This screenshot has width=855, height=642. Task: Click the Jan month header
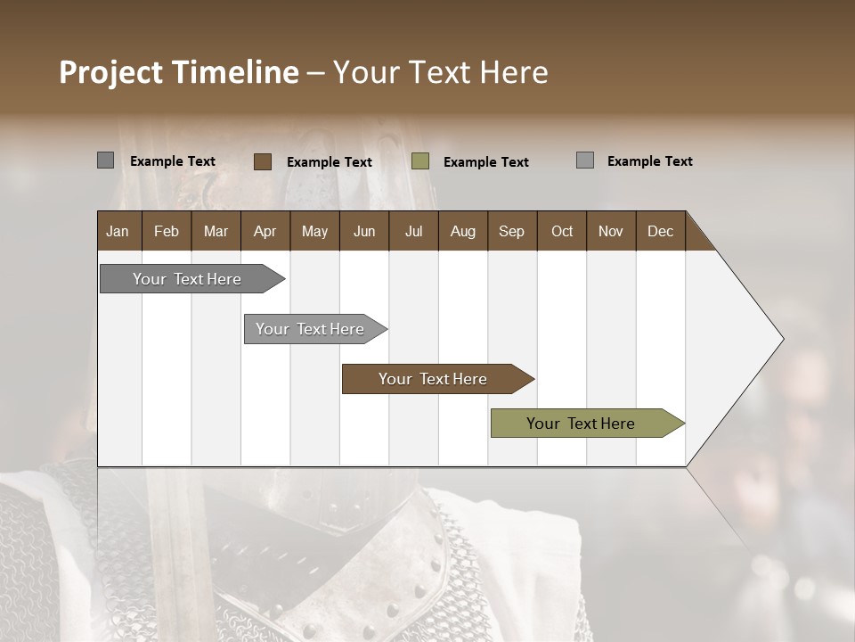pyautogui.click(x=118, y=231)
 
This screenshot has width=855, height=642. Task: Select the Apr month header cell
pyautogui.click(x=265, y=231)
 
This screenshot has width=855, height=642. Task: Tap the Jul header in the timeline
pyautogui.click(x=413, y=231)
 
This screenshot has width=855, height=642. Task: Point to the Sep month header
pyautogui.click(x=511, y=231)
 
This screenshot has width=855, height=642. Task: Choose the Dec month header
pyautogui.click(x=660, y=231)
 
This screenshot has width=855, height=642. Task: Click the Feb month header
pyautogui.click(x=167, y=231)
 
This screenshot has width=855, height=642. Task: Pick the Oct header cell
pyautogui.click(x=561, y=231)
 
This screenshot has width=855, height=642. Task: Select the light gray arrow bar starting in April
pyautogui.click(x=312, y=329)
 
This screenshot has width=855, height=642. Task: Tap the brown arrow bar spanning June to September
pyautogui.click(x=434, y=379)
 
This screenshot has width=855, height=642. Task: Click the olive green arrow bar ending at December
pyautogui.click(x=582, y=424)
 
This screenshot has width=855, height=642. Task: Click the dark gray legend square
pyautogui.click(x=105, y=160)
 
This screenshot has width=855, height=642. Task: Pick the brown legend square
pyautogui.click(x=262, y=161)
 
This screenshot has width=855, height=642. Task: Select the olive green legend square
pyautogui.click(x=420, y=161)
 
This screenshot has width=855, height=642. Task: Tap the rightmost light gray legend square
pyautogui.click(x=584, y=160)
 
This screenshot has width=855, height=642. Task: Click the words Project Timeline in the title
pyautogui.click(x=178, y=72)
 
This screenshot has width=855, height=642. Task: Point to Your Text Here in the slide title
pyautogui.click(x=440, y=72)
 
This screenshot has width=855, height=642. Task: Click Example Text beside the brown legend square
pyautogui.click(x=329, y=162)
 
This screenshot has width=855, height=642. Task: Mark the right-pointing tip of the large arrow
pyautogui.click(x=781, y=339)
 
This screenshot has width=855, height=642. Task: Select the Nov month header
pyautogui.click(x=610, y=231)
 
